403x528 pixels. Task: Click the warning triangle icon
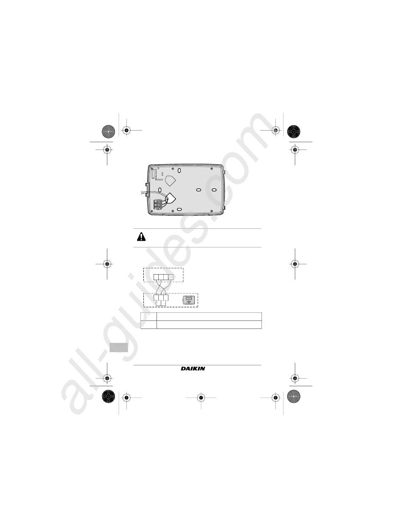click(141, 237)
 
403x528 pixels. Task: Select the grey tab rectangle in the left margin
click(119, 348)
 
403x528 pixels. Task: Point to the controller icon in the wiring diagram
click(189, 300)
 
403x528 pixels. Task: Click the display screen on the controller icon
click(189, 298)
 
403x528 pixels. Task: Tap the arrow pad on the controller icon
click(189, 302)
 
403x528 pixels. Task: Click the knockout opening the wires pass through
click(171, 198)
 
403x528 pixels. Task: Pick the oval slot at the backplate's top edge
click(179, 170)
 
